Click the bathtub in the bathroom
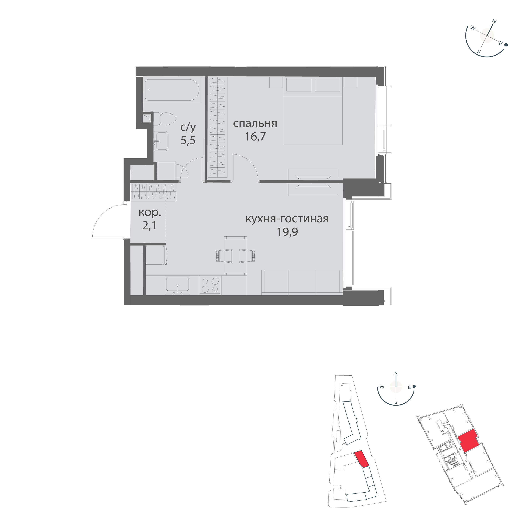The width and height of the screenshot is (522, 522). click(x=172, y=91)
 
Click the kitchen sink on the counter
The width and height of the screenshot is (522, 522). click(x=178, y=286)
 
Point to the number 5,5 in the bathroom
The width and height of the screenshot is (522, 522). click(x=188, y=140)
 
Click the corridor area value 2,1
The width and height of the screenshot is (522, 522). click(x=149, y=226)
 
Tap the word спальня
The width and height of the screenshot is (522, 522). click(x=255, y=124)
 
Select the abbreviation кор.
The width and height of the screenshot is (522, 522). click(x=150, y=213)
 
